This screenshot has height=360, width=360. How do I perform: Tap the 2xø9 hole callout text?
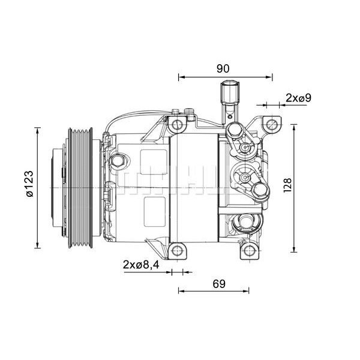298,97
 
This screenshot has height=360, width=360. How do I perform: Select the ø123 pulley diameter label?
28,187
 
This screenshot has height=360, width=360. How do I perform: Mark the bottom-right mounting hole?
248,251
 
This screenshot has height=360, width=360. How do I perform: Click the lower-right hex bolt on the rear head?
260,190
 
